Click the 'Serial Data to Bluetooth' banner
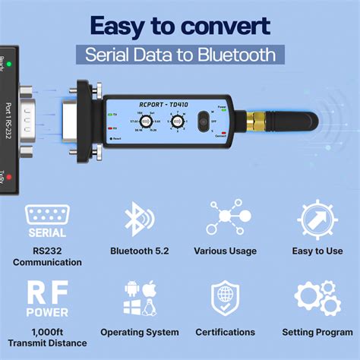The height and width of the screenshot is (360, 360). (x=180, y=55)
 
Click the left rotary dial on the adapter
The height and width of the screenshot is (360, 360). (x=142, y=122)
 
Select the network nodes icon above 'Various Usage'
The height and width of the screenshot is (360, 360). (x=224, y=219)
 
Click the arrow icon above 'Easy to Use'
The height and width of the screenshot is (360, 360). (x=317, y=219)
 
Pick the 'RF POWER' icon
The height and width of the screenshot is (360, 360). (x=47, y=298)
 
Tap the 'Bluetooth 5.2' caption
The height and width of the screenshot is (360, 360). (x=140, y=250)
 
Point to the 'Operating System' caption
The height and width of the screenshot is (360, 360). (x=140, y=332)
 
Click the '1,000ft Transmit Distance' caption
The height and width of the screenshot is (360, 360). (x=47, y=337)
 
